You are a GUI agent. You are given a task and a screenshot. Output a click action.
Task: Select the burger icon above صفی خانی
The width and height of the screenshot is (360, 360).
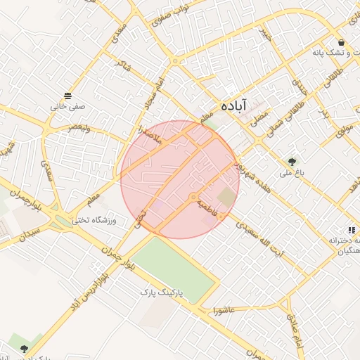click(67, 96)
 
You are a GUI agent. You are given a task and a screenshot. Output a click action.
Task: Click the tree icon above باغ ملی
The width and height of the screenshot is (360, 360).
click(290, 161)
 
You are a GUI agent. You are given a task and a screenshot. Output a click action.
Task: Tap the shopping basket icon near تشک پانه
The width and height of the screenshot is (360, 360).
click(341, 42)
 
